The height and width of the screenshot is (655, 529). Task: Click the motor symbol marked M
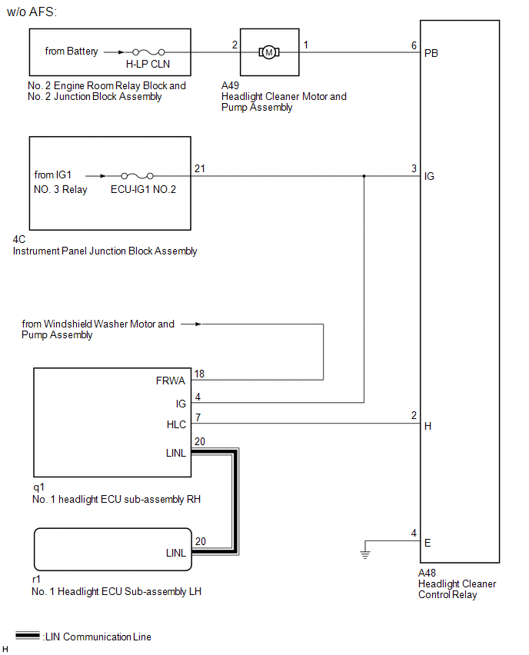[268, 52]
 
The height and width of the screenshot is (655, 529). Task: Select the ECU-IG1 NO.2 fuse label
[144, 189]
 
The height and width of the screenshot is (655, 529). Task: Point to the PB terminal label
[431, 53]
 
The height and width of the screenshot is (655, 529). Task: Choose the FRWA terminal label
[171, 381]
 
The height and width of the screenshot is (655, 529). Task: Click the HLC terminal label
[176, 424]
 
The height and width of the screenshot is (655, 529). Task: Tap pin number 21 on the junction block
[200, 168]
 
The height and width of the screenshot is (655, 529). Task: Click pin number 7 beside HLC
[198, 417]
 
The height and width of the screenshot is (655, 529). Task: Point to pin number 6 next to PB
[414, 45]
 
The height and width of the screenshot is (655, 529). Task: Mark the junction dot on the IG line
[364, 176]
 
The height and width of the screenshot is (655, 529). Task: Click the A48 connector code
[427, 573]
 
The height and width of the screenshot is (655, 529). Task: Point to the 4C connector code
[19, 240]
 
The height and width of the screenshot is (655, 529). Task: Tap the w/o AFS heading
[32, 13]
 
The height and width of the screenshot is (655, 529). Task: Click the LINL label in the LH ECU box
[176, 553]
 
